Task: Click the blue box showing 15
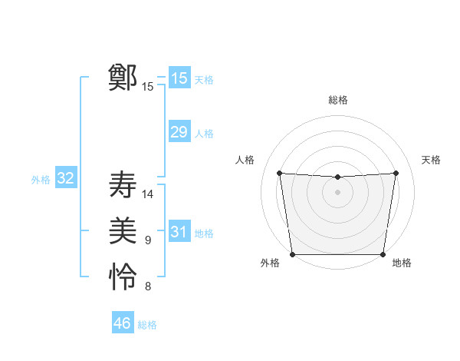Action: [179, 78]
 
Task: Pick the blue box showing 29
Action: [179, 132]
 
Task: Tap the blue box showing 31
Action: [179, 232]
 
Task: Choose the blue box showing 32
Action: [65, 179]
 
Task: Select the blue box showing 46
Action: [122, 323]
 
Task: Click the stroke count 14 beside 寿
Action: [148, 194]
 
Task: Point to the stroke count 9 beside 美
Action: [148, 241]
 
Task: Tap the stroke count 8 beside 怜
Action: [148, 287]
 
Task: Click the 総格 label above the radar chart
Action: [338, 100]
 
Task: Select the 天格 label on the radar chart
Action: [432, 160]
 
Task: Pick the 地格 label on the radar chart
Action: [402, 263]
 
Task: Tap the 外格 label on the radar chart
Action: [270, 263]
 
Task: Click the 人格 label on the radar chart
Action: [245, 160]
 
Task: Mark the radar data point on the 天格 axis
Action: [396, 173]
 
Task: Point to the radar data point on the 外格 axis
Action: [292, 254]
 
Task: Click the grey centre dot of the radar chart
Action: [337, 192]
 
